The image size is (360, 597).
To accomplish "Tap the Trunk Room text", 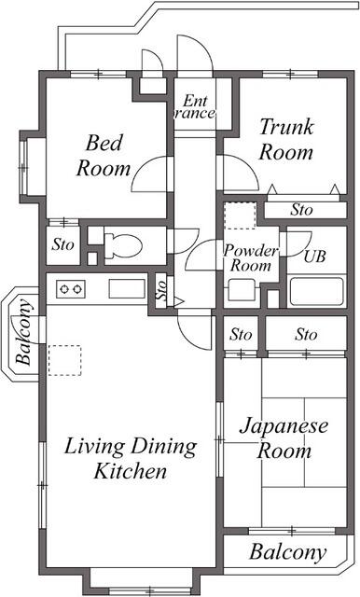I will tap(285, 139).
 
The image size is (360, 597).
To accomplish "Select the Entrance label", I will tap(195, 107).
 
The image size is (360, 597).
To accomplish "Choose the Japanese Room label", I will tap(284, 438).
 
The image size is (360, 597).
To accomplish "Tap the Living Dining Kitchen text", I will tap(131, 458).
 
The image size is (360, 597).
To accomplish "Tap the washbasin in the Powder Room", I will tap(241, 290).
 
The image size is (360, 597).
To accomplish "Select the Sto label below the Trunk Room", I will tap(301, 210).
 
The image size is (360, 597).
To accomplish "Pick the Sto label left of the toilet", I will tap(62, 246).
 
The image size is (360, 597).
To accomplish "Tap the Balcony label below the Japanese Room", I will tap(288, 552).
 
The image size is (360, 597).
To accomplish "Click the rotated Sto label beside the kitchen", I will tap(160, 290).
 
